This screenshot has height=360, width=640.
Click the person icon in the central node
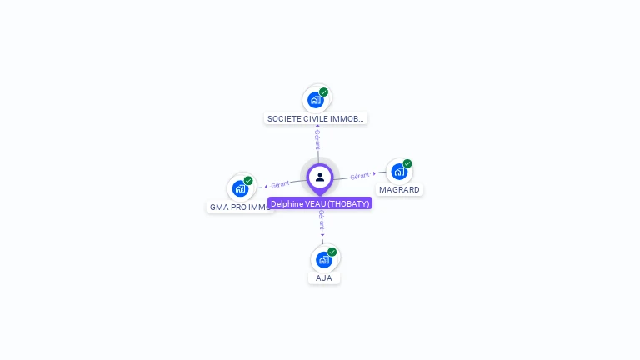tap(320, 177)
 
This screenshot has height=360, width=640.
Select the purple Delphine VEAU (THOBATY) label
tap(320, 203)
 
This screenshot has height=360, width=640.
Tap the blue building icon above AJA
tap(323, 259)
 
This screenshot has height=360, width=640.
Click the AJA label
tap(324, 277)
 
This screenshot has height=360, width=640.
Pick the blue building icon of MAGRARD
tap(399, 172)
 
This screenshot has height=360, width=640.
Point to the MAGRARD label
tap(399, 189)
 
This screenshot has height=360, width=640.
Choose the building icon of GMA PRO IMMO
tap(240, 188)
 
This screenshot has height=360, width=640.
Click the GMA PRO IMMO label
tap(240, 207)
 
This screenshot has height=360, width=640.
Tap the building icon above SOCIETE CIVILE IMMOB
tap(315, 100)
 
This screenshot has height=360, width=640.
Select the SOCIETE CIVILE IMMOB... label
tap(316, 118)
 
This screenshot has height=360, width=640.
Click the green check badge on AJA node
tap(332, 252)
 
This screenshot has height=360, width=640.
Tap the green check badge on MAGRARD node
tap(407, 164)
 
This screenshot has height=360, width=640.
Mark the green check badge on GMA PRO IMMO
tap(248, 181)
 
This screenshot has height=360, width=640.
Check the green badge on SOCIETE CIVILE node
tap(323, 92)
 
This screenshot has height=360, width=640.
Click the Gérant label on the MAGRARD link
tap(359, 176)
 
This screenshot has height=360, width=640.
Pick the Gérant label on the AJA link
tap(322, 220)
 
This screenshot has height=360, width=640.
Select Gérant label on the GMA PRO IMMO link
tap(280, 184)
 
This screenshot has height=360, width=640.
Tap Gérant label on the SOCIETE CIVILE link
tap(317, 138)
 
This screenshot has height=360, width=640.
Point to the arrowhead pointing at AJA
tap(322, 235)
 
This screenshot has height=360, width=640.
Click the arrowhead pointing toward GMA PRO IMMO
tap(265, 186)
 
